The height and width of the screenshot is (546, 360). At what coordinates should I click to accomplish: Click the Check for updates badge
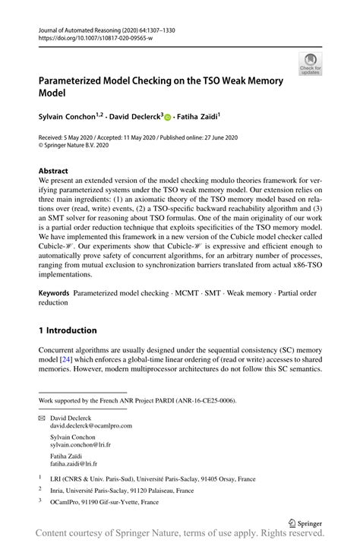309,65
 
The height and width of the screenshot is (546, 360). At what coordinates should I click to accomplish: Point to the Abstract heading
58,171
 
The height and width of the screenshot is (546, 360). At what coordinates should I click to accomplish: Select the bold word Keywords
60,292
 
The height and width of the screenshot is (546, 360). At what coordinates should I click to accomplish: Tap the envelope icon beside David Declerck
43,417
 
